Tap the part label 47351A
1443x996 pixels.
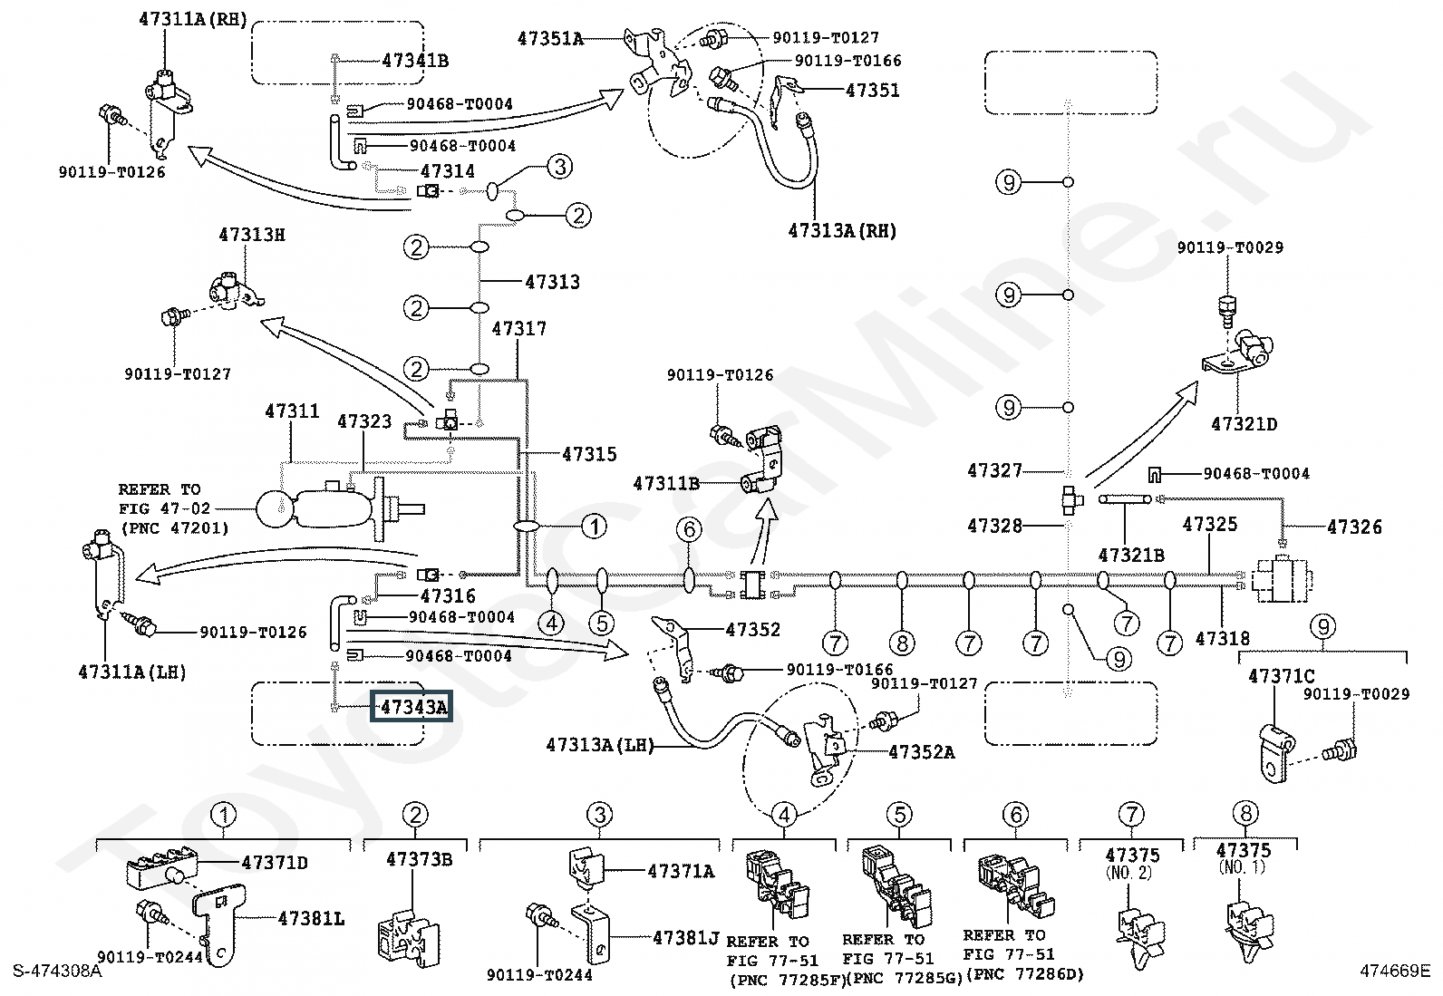tap(549, 39)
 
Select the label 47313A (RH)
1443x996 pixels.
tap(842, 230)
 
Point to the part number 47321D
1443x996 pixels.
tap(1244, 424)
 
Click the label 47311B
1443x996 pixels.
tap(666, 483)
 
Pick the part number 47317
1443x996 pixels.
tap(519, 329)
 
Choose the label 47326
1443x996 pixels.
tap(1354, 527)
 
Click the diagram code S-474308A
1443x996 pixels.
tap(57, 971)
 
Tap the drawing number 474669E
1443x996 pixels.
tap(1395, 971)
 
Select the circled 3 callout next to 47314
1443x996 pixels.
tap(560, 167)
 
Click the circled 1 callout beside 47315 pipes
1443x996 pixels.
tap(594, 527)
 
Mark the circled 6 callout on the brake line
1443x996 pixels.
tap(689, 529)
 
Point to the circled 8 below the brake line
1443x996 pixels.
tap(902, 643)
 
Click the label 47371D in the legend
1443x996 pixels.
tap(275, 863)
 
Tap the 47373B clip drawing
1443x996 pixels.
tap(407, 936)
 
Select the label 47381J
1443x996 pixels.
tap(685, 938)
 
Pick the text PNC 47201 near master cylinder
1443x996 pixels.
tap(175, 528)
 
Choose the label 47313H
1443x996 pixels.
tap(251, 235)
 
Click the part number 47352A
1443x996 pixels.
tap(922, 752)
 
